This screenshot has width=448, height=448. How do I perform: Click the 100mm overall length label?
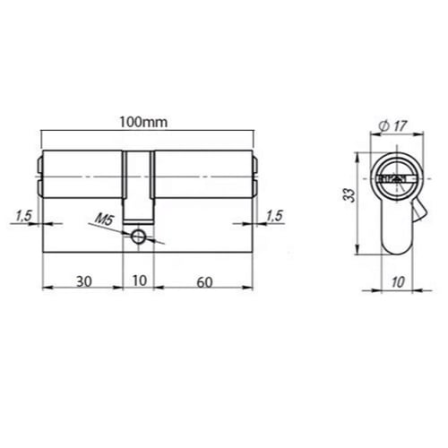click(143, 123)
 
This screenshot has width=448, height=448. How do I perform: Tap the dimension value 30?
click(84, 281)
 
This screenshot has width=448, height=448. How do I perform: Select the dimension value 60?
click(204, 282)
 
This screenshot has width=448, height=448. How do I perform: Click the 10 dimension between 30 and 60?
click(139, 280)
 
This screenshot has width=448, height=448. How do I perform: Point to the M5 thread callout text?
click(104, 220)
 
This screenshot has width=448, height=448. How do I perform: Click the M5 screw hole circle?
click(138, 237)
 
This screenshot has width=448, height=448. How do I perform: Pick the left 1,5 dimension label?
click(23, 216)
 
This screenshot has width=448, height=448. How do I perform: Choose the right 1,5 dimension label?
click(274, 216)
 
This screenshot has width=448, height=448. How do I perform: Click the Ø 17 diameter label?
click(392, 125)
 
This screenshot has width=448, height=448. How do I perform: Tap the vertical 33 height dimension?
click(349, 195)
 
